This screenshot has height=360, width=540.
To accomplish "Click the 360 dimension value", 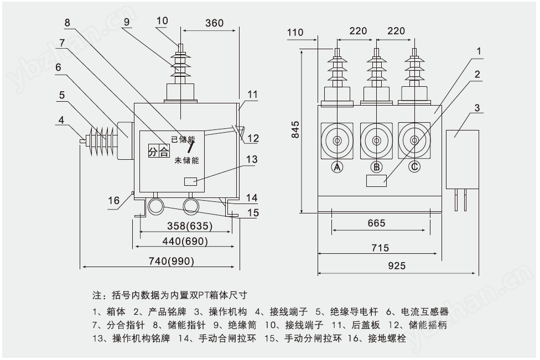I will coord(214,23).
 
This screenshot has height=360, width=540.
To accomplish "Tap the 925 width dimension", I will coord(396,266).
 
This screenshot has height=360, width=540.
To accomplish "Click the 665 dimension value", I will coord(376,223).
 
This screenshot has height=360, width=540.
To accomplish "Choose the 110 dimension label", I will coord(295,32).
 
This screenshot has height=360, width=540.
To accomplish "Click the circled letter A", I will coord(337,166).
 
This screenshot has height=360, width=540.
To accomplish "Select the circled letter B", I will coord(376,166).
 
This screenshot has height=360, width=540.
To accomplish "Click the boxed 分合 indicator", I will coord(158,152).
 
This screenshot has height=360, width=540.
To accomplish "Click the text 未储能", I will coord(186,160).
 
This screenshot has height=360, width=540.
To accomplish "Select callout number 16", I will coord(113,200).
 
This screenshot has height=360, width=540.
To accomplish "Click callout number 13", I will coord(252,160).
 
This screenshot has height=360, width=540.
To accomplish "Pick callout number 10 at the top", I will coord(162,21).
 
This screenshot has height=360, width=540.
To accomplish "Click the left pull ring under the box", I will coord(156,207).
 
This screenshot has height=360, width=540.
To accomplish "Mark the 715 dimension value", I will coord(380,248).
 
